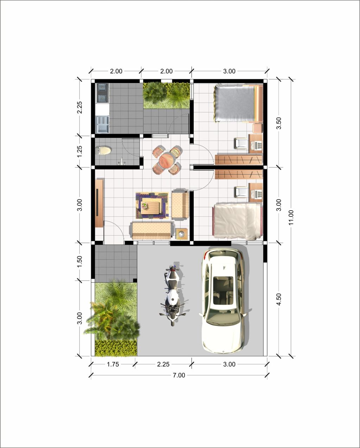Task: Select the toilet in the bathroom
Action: point(103,151)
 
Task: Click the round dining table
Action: point(166,160)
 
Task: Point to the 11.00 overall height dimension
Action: point(291,218)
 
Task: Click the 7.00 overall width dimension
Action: point(179,375)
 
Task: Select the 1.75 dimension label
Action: point(113,364)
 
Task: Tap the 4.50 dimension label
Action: point(279,299)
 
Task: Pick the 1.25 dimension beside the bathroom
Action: point(79,152)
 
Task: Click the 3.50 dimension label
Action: point(279,123)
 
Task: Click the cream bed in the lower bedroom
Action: point(237,222)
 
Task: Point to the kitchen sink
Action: point(102,124)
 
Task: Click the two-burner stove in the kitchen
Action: point(102,93)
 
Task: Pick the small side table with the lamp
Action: point(181,234)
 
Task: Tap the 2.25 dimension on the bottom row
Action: point(163,364)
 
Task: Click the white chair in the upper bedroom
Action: point(241,143)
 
